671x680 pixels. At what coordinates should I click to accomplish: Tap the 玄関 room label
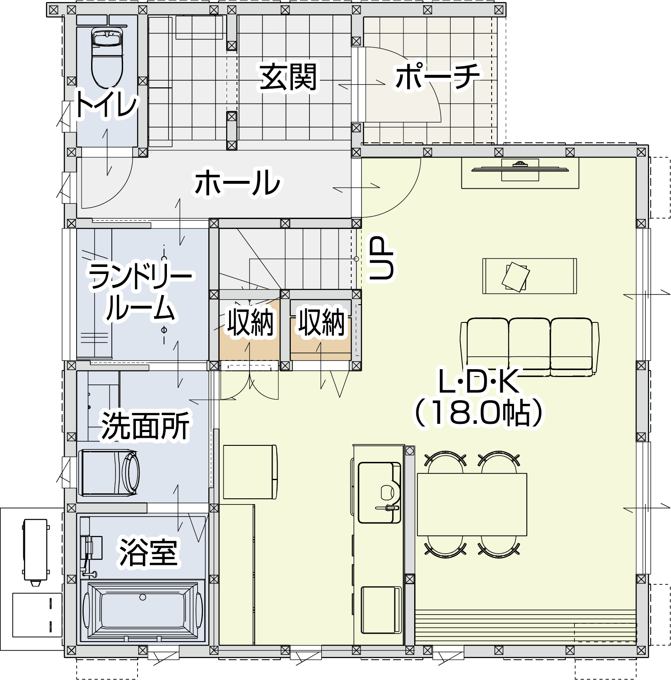point(288,77)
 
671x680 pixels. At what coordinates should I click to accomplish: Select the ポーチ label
point(438,76)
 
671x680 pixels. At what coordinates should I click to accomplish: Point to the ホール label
point(238,182)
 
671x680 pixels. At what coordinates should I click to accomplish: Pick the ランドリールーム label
point(141,292)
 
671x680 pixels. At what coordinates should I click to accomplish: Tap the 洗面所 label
point(145,425)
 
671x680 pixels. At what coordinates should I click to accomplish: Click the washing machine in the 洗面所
point(109,473)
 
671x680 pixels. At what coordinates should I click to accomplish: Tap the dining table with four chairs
point(472,504)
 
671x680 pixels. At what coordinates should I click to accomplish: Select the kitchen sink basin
point(379,493)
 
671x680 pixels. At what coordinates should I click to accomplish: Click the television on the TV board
point(520,168)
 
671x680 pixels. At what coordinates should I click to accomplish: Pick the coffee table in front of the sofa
point(529,276)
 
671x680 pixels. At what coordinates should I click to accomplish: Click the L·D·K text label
point(478,381)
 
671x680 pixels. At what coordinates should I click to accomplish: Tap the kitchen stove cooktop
point(381,610)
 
